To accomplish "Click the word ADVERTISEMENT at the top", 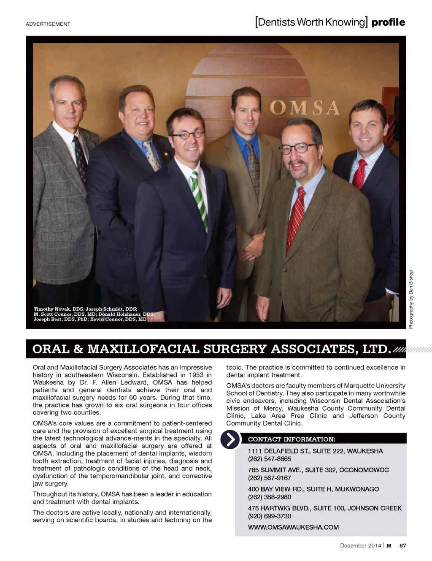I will [48, 24].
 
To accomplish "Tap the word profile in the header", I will [388, 22].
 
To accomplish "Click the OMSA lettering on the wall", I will [304, 108].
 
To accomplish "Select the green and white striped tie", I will [199, 198].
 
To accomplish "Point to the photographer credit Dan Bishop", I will [411, 299].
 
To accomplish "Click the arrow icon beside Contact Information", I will [230, 439].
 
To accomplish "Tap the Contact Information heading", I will [292, 439].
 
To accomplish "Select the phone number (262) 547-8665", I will [270, 459].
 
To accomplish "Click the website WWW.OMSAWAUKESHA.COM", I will [293, 527].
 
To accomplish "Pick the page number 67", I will [402, 545].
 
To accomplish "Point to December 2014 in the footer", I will [360, 545].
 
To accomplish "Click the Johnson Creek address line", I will [324, 508].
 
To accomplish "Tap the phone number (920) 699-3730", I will [270, 516].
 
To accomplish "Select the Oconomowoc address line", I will [318, 470].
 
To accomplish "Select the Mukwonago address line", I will [313, 489].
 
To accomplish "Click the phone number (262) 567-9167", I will [270, 478].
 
